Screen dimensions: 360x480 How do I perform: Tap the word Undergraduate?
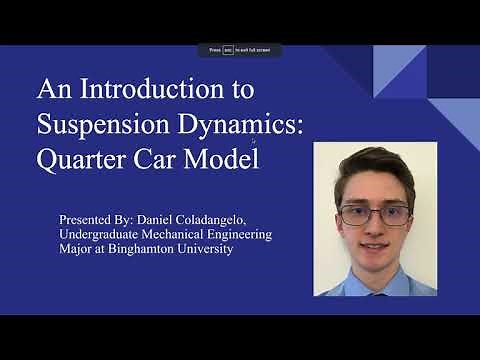(104, 234)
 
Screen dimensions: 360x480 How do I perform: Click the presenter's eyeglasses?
(373, 215)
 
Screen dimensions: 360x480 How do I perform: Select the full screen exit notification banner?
(239, 50)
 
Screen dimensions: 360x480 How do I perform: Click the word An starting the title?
(53, 90)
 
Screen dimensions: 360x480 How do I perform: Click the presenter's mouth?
(373, 245)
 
